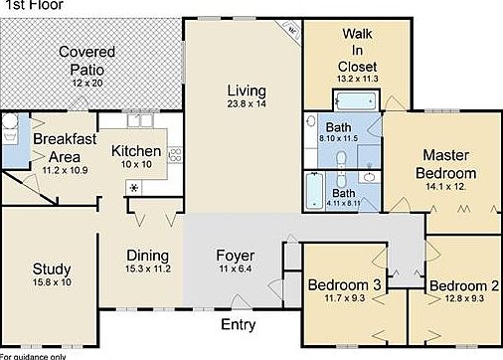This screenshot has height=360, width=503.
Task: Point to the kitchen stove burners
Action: (176, 155)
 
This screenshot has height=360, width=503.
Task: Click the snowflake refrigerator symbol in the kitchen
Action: (134, 186)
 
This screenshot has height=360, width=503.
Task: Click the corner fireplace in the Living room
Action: (291, 30)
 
